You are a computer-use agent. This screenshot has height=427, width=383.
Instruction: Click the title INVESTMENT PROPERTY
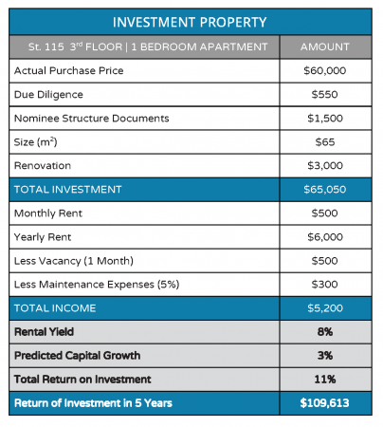pyautogui.click(x=190, y=22)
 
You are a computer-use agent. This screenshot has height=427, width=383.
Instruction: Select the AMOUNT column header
pyautogui.click(x=325, y=46)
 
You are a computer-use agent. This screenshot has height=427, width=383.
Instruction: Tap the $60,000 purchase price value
pyautogui.click(x=325, y=70)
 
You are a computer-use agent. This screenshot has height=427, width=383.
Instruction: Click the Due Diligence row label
pyautogui.click(x=48, y=95)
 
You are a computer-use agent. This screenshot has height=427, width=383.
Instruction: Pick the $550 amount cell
pyautogui.click(x=325, y=94)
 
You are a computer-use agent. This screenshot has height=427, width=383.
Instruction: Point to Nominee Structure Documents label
pyautogui.click(x=92, y=119)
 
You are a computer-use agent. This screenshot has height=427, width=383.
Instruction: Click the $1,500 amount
pyautogui.click(x=325, y=119)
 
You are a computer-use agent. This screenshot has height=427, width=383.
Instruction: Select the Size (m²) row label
pyautogui.click(x=35, y=142)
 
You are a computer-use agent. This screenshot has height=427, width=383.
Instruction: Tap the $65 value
pyautogui.click(x=325, y=142)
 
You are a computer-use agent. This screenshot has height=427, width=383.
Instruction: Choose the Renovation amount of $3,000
pyautogui.click(x=325, y=166)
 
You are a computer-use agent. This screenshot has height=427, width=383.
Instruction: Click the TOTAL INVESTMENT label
pyautogui.click(x=68, y=190)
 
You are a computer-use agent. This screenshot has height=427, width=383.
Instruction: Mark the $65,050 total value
pyautogui.click(x=325, y=190)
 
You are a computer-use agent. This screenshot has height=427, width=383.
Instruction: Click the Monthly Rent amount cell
pyautogui.click(x=325, y=213)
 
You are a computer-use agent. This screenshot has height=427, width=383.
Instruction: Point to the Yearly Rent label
pyautogui.click(x=43, y=237)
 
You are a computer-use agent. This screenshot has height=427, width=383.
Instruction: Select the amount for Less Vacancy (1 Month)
pyautogui.click(x=325, y=261)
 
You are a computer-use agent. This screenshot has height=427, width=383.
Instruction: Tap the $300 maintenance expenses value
pyautogui.click(x=325, y=285)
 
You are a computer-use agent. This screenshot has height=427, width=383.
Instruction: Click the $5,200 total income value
pyautogui.click(x=325, y=308)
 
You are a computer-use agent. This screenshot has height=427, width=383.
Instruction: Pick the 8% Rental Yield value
pyautogui.click(x=325, y=332)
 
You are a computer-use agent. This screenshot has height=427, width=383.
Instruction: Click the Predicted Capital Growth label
pyautogui.click(x=78, y=356)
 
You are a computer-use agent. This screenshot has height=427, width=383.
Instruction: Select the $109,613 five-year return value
pyautogui.click(x=325, y=403)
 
